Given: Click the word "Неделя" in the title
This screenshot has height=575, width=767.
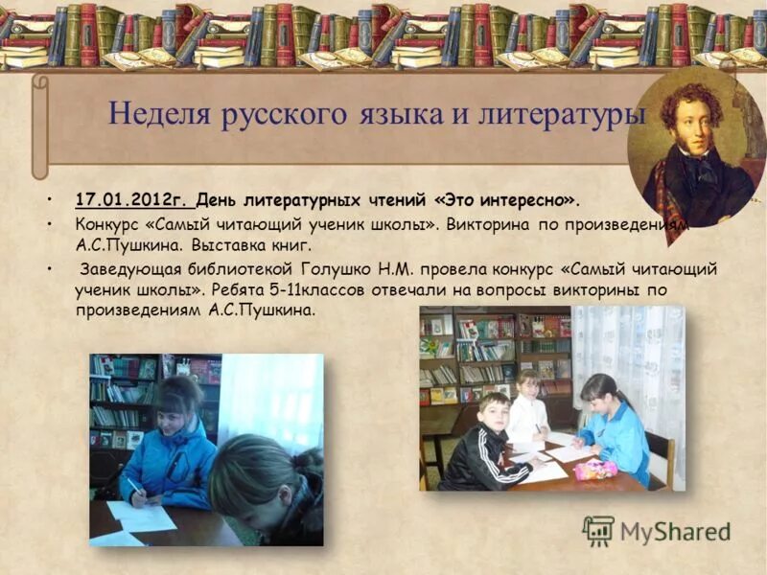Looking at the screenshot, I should (158, 114).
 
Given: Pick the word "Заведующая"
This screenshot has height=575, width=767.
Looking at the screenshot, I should (125, 269).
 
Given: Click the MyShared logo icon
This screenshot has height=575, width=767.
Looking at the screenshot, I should (598, 530).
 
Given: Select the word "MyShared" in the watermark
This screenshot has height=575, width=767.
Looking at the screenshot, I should (675, 532).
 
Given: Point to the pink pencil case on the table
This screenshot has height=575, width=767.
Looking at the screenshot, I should (594, 469).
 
